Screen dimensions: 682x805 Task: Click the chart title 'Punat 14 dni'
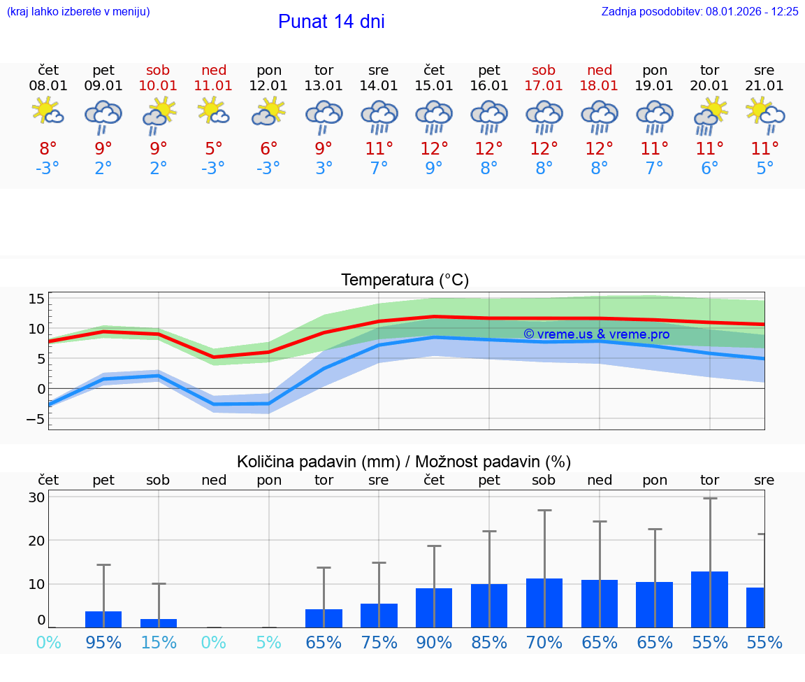click(x=331, y=22)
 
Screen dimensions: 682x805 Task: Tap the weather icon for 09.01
click(x=103, y=115)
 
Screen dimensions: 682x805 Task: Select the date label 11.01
click(x=213, y=86)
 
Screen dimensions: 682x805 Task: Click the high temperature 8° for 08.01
click(x=48, y=149)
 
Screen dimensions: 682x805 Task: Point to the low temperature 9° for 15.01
click(x=434, y=169)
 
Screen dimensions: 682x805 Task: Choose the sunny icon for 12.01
click(x=269, y=112)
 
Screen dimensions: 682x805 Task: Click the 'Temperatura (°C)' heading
click(x=405, y=280)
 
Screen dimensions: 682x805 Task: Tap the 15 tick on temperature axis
click(x=37, y=299)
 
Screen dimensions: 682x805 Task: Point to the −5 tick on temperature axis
click(x=35, y=419)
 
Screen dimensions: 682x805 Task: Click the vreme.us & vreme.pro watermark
click(x=596, y=334)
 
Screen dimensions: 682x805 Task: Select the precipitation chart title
click(x=404, y=462)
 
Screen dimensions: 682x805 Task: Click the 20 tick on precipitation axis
click(x=37, y=541)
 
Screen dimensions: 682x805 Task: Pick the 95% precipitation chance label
click(x=103, y=642)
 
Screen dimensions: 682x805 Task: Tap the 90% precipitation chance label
click(x=434, y=642)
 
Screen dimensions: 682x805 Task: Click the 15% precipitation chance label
click(x=159, y=642)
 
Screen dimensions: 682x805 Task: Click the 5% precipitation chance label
click(x=269, y=642)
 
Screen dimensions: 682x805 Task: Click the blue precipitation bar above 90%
click(x=434, y=608)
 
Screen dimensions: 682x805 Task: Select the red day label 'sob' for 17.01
click(x=544, y=71)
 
